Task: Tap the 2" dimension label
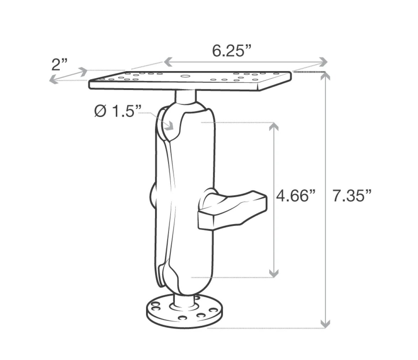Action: [x=59, y=64]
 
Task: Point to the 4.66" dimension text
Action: [x=295, y=196]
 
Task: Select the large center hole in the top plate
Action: [x=184, y=76]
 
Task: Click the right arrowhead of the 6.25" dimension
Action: [x=323, y=62]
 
